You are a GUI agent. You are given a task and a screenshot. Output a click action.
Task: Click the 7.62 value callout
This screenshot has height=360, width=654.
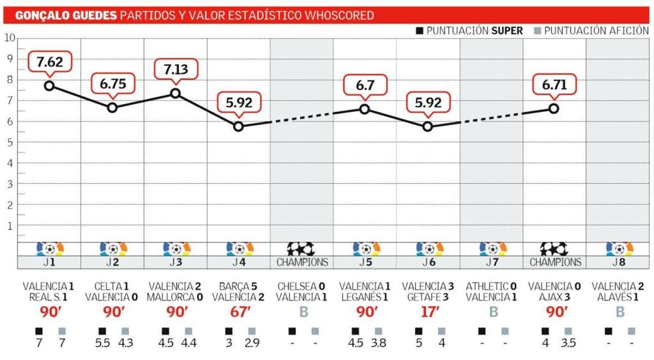point(50,62)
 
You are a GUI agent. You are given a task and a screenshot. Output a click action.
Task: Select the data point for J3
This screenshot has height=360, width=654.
point(175,93)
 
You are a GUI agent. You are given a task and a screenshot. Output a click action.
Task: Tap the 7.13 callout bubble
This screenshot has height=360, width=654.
point(175,69)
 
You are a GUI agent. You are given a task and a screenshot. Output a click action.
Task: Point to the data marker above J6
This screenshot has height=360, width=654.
point(428,126)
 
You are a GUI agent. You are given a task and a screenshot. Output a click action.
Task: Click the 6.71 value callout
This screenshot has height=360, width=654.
point(554,85)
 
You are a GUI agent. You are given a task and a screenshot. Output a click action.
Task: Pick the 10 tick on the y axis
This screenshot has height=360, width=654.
point(9,38)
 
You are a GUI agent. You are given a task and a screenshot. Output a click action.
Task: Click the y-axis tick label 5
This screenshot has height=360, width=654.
point(9,142)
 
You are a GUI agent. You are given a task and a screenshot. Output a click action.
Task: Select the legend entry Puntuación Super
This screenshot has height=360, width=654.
point(469,30)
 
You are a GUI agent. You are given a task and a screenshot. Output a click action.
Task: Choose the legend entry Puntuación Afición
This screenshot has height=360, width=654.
point(591,30)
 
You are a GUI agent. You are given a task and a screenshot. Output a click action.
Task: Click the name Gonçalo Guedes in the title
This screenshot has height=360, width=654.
point(66,15)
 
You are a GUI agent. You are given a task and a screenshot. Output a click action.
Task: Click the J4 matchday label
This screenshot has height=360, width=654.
point(238,262)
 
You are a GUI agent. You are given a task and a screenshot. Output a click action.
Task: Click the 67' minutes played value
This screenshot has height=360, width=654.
point(238,312)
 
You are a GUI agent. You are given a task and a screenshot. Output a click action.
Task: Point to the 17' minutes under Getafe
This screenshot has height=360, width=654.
point(428,312)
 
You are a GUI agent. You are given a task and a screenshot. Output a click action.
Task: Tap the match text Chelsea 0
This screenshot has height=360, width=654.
point(301,286)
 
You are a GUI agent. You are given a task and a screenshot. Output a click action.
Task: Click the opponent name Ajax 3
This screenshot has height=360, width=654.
point(554,297)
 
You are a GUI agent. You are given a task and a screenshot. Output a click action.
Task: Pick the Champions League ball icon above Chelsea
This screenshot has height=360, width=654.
point(301,249)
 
